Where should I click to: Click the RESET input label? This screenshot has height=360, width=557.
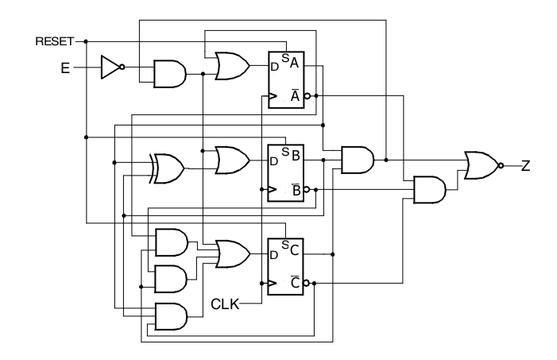point(55,41)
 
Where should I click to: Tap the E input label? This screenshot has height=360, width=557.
point(65,68)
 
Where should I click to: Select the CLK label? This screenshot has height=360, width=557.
point(225,304)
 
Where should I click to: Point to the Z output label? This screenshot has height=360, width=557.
point(526,165)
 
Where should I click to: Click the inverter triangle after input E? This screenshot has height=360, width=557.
point(110,67)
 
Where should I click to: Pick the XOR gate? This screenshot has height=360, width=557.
point(167,168)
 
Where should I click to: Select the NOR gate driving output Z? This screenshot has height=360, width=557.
point(482,165)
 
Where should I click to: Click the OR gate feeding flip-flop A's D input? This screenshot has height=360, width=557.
point(232,66)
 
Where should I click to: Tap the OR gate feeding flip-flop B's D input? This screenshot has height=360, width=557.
point(232,161)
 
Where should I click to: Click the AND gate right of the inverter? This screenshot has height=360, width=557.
point(170,74)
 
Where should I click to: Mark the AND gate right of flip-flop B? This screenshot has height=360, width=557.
point(358,160)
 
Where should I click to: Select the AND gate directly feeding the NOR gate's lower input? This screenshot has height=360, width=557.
point(430,190)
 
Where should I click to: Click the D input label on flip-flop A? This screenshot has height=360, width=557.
point(274,67)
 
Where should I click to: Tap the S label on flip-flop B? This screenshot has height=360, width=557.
point(285,152)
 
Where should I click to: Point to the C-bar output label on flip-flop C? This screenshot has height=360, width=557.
point(295,283)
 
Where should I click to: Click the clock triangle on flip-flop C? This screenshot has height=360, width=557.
point(273,283)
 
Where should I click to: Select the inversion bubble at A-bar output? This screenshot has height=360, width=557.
point(308,95)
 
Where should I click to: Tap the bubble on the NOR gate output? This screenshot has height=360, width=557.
point(501,165)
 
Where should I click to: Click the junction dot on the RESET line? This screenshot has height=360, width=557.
point(86,41)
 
